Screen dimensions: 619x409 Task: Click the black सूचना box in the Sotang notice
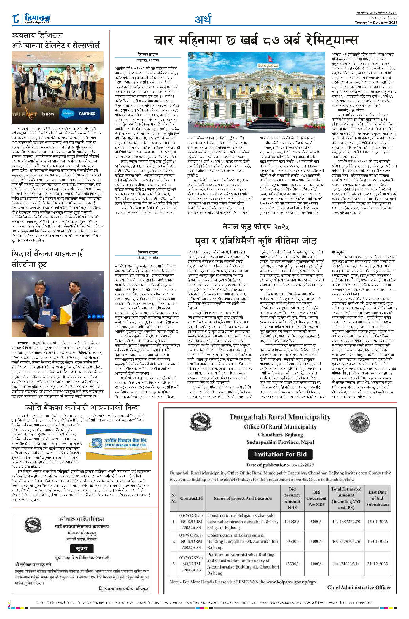(x=82, y=549)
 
